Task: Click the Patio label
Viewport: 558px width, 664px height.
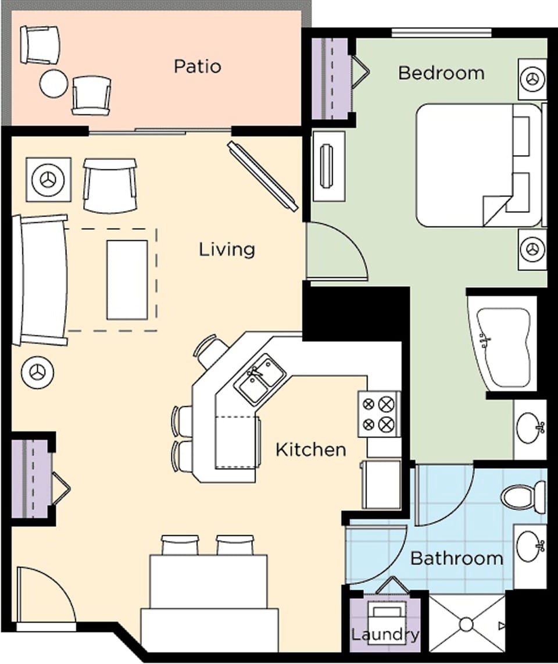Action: [198, 66]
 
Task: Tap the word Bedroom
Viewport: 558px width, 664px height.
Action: [441, 73]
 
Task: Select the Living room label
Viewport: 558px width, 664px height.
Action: [227, 250]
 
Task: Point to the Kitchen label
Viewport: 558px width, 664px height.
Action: [310, 449]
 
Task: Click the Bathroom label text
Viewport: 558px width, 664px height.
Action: [457, 559]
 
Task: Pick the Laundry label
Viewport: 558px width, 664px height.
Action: [384, 634]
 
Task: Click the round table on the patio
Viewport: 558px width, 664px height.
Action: [54, 83]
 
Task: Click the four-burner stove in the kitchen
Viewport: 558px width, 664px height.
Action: [378, 414]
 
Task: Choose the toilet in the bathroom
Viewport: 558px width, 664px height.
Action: [522, 498]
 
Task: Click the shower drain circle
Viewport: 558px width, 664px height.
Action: [466, 624]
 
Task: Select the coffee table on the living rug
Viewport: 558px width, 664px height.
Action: [127, 279]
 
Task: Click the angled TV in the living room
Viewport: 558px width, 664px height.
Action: [263, 176]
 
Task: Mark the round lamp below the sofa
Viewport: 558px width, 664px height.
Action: [38, 372]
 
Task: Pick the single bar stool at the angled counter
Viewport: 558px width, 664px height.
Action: [210, 351]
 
